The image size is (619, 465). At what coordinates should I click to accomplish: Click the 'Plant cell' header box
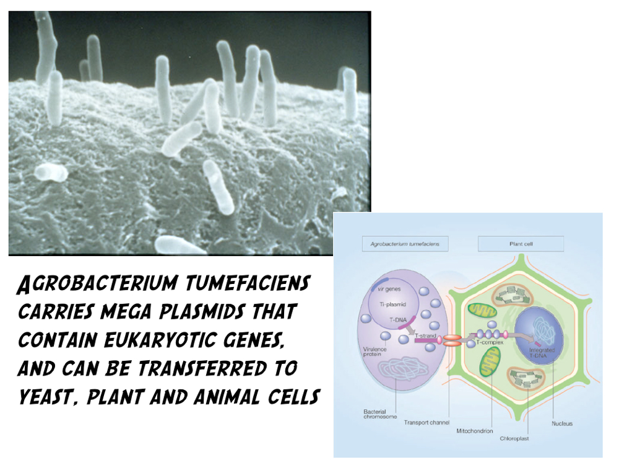click(x=521, y=244)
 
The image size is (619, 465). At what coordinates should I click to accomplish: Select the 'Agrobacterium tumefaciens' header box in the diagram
click(x=405, y=244)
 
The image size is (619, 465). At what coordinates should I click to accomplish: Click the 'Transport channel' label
click(x=426, y=423)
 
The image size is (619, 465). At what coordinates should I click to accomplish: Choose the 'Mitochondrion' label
click(x=475, y=431)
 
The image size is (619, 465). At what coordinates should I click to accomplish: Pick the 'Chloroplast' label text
click(x=514, y=438)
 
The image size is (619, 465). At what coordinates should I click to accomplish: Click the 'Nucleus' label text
click(x=562, y=423)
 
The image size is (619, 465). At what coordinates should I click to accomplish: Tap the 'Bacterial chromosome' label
click(x=380, y=414)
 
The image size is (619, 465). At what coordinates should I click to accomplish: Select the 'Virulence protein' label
click(x=375, y=352)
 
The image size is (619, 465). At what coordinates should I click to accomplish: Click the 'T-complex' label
click(x=490, y=342)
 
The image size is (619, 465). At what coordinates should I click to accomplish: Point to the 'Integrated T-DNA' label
click(x=542, y=353)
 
